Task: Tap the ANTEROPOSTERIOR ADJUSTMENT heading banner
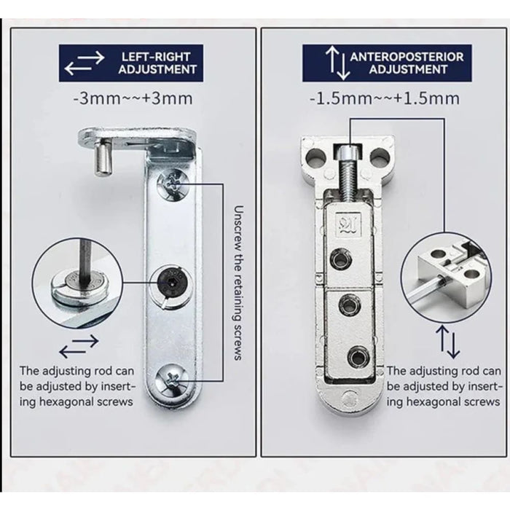click(x=387, y=63)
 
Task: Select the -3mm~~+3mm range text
click(x=132, y=98)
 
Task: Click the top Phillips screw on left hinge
click(x=175, y=182)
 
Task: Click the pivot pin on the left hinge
click(x=101, y=157)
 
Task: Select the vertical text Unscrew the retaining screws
click(x=238, y=280)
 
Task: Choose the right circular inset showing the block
click(x=451, y=277)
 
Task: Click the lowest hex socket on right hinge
click(x=356, y=357)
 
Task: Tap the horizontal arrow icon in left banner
click(x=84, y=64)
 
